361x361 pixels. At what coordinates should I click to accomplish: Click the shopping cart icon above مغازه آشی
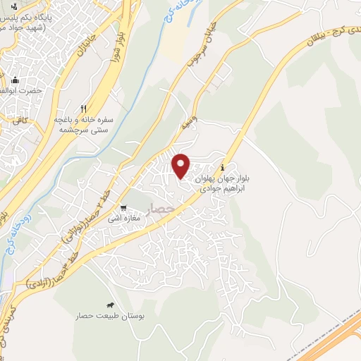point(123,209)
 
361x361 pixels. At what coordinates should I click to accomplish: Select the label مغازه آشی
point(124,219)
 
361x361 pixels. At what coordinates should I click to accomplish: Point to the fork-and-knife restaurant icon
point(83,109)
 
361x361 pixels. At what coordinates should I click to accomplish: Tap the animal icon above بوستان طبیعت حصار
point(110,306)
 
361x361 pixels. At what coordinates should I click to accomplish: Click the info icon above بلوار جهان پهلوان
point(224,168)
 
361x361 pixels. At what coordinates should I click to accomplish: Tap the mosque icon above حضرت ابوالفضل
point(16,79)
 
